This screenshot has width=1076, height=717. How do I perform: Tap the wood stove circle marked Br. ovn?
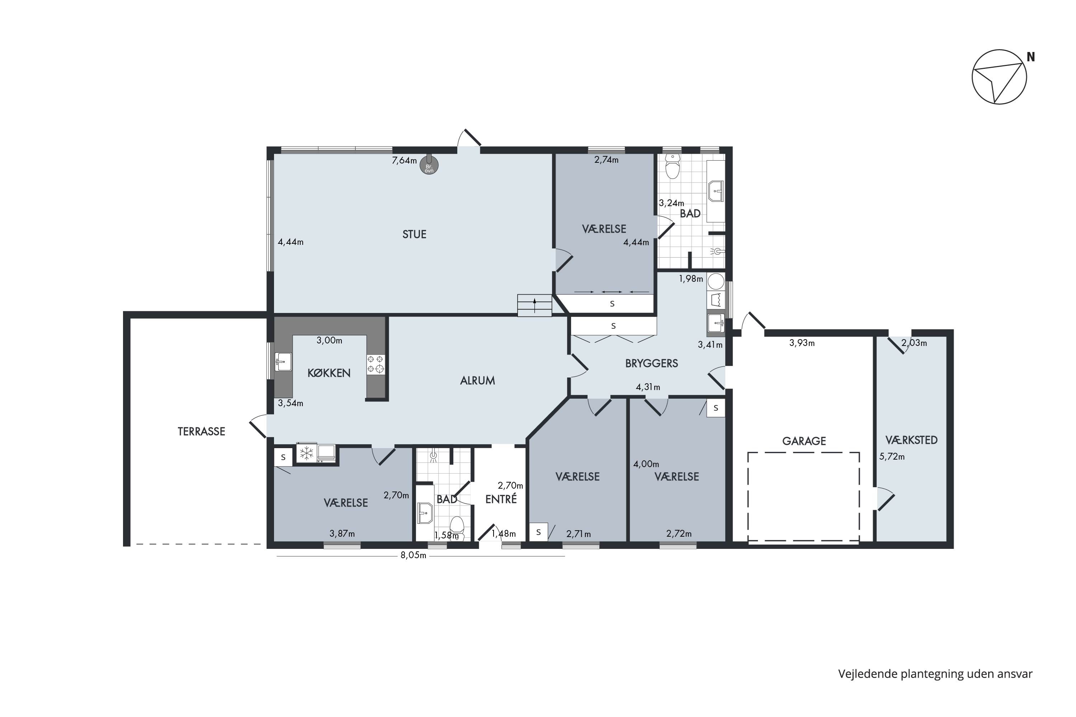coord(429,166)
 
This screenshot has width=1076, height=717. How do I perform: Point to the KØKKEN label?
coord(329,373)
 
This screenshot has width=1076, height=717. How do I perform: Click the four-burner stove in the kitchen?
coord(376,365)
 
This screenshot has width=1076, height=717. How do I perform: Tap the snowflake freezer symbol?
coord(306,453)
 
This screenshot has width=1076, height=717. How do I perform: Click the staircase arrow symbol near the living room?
coord(534,305)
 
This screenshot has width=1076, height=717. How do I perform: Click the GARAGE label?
coord(804,441)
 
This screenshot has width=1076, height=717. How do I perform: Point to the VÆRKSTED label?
coord(911,440)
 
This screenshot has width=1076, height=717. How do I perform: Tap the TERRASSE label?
coord(201,432)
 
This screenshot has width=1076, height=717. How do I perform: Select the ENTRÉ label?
coord(501,499)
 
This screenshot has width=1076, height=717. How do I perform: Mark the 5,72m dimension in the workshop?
coord(892,456)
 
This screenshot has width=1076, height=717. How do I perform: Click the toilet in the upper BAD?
coord(672,166)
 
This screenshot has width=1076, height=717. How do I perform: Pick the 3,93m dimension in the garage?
coord(802,343)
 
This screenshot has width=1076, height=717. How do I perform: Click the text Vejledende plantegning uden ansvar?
coord(935,674)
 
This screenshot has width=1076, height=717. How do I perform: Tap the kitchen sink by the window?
coord(284,362)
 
